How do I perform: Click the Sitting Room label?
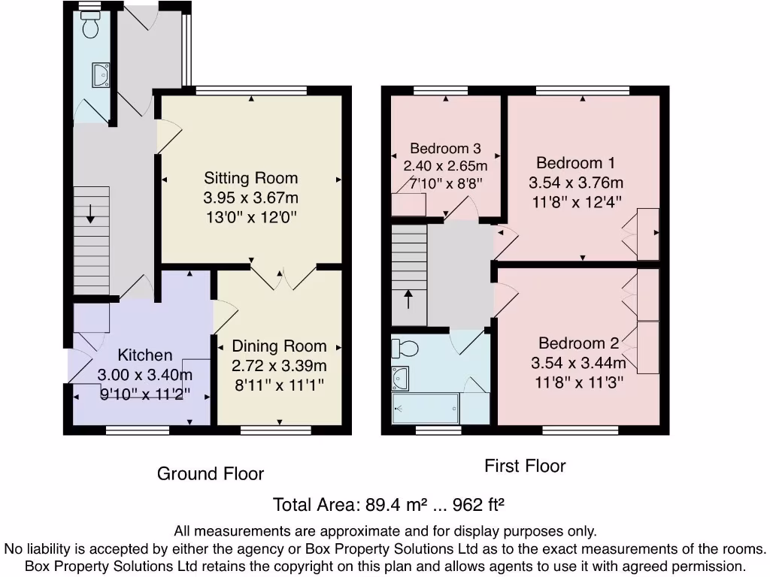(x=251, y=178)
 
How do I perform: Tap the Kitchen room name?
(x=145, y=355)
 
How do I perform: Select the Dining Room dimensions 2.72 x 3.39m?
(x=279, y=366)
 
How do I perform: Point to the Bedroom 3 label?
(x=445, y=149)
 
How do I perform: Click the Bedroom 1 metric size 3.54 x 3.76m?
(x=576, y=183)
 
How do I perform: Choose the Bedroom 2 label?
(x=579, y=343)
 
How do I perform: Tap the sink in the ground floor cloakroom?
(x=100, y=74)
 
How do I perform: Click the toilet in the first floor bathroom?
(x=405, y=349)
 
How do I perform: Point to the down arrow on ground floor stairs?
(x=90, y=214)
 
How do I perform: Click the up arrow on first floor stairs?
(x=408, y=299)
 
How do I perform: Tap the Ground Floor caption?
(x=211, y=474)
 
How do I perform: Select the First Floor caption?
(x=525, y=467)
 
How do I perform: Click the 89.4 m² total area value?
(x=399, y=504)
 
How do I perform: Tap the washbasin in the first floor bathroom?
(x=399, y=378)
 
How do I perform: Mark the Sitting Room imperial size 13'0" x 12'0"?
(x=251, y=217)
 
